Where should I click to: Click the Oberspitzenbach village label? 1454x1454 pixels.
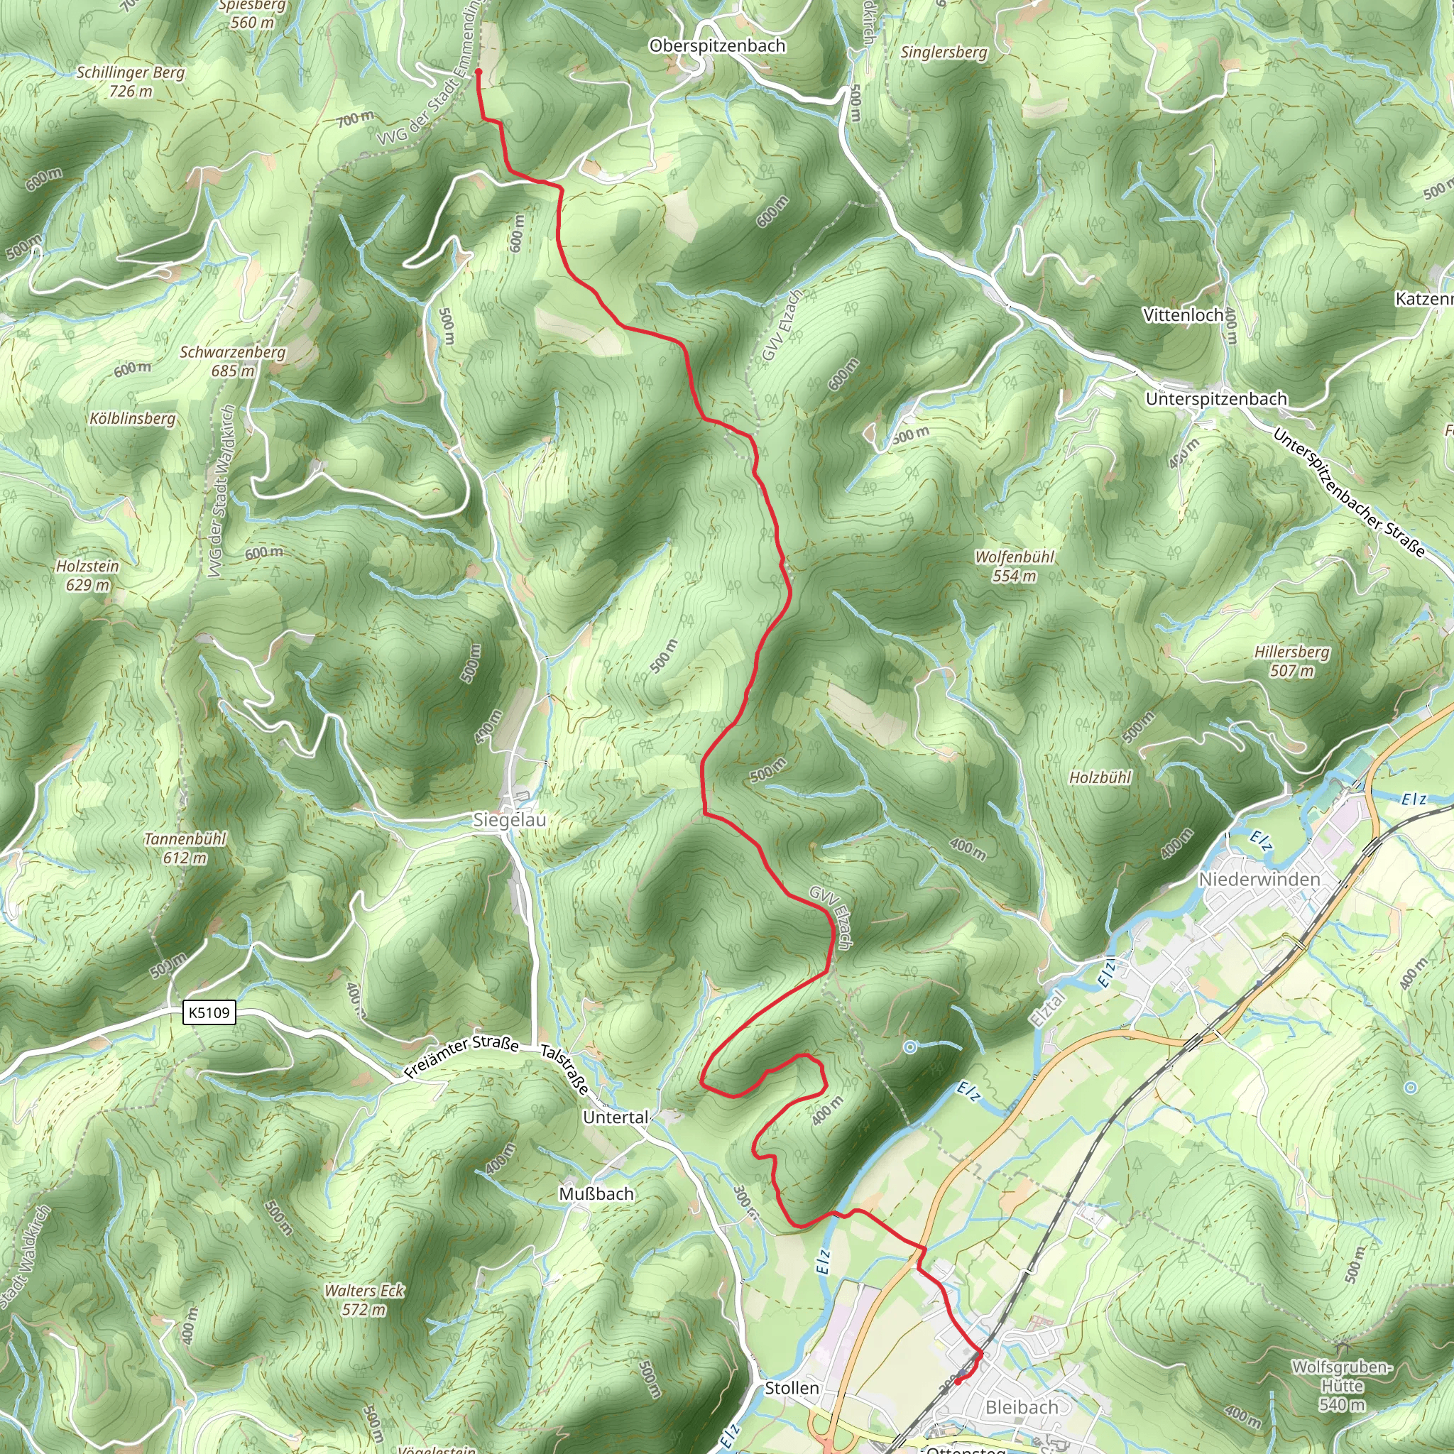(716, 46)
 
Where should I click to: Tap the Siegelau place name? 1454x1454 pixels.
(510, 819)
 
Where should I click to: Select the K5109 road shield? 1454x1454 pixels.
(209, 1012)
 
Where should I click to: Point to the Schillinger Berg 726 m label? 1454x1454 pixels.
(130, 81)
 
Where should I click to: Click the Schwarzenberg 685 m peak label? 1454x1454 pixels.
(233, 361)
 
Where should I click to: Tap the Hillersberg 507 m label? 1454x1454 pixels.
(1291, 661)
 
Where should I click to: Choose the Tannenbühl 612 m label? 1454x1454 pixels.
(185, 848)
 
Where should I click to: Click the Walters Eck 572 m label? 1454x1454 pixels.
(364, 1300)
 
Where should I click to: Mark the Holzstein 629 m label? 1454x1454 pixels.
(87, 575)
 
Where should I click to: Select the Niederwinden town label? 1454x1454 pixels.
(1259, 879)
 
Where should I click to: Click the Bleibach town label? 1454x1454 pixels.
(1021, 1407)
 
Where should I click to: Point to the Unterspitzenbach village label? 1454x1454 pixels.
(1216, 399)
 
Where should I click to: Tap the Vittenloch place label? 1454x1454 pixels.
(1183, 315)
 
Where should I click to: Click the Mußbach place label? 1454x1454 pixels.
(596, 1193)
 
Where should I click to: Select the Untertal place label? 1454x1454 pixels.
(616, 1117)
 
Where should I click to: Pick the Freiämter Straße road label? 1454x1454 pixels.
(461, 1056)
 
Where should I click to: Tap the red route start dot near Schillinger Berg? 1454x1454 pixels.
(478, 72)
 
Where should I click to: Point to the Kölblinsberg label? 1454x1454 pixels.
(133, 418)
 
